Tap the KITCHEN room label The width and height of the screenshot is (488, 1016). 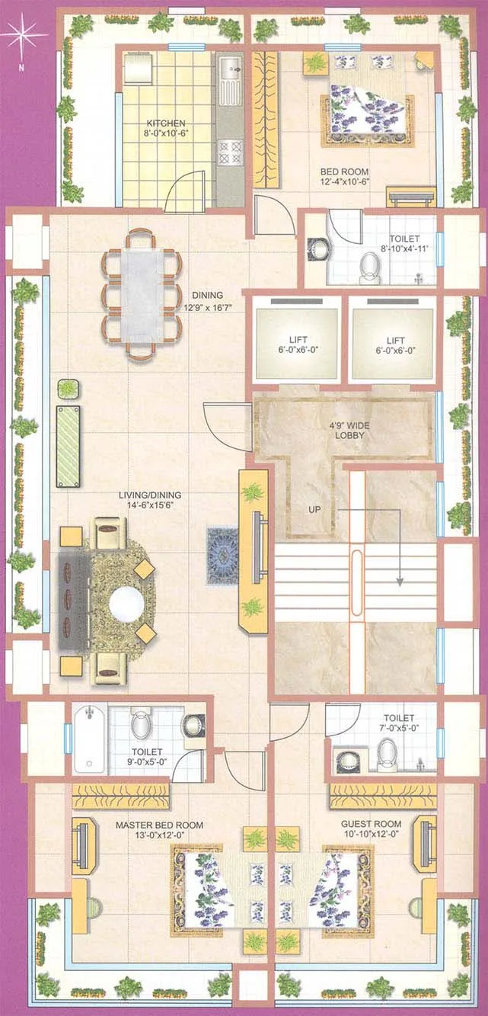coord(166,123)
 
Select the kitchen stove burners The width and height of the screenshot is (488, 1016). coord(229,152)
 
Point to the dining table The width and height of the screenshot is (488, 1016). coord(142,294)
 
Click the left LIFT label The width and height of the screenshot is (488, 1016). coord(298,341)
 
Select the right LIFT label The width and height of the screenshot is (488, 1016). coord(395,341)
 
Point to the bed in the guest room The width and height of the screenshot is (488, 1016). coord(343,890)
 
